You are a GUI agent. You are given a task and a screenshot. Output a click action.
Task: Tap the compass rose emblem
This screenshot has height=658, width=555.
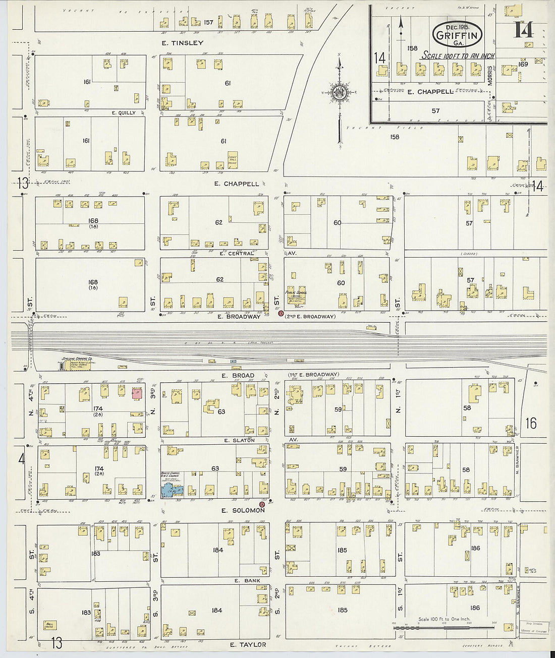point(338,92)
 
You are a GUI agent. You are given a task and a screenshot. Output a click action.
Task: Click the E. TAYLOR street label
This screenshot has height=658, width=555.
point(247,645)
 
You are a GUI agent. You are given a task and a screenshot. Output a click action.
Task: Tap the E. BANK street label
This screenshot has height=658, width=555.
point(248,581)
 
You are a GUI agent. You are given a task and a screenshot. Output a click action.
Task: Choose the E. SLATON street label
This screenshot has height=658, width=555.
point(240,440)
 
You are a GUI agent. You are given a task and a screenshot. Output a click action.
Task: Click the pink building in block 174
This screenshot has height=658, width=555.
point(136,393)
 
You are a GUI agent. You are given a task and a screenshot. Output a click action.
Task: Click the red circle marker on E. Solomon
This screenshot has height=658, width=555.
point(262,504)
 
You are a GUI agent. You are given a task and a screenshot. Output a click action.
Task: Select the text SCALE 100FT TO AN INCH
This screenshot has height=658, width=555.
point(458,56)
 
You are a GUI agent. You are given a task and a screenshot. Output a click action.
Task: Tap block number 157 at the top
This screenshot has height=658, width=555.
point(209,22)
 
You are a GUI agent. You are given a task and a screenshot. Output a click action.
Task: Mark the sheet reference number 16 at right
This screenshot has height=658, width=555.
point(531,423)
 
